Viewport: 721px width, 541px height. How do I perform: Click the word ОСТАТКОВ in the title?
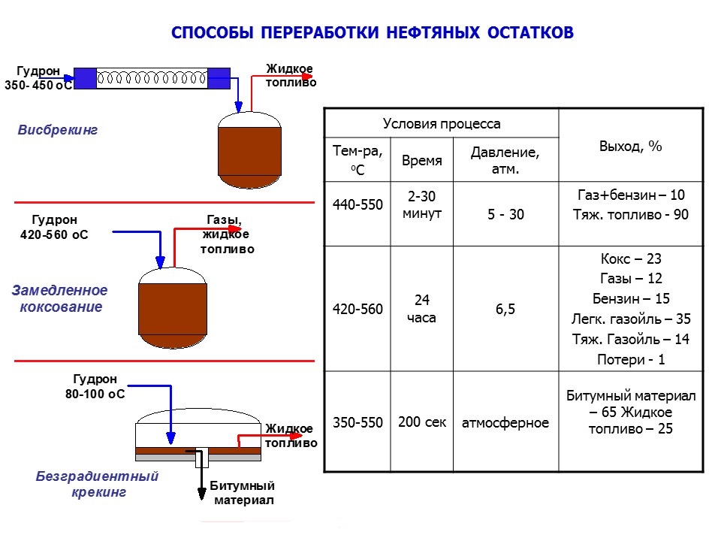pyautogui.click(x=530, y=32)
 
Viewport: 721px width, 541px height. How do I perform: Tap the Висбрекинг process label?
pyautogui.click(x=58, y=130)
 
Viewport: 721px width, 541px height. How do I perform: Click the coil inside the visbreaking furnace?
pyautogui.click(x=152, y=77)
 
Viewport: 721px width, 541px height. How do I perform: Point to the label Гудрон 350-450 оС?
pyautogui.click(x=38, y=77)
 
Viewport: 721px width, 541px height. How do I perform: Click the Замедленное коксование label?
pyautogui.click(x=60, y=298)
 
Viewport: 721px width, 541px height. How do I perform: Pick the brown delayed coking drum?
pyautogui.click(x=173, y=308)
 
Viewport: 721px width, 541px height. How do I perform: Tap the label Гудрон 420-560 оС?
pyautogui.click(x=54, y=227)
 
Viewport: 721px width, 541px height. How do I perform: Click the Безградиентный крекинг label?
pyautogui.click(x=98, y=483)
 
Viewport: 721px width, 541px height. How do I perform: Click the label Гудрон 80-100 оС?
pyautogui.click(x=95, y=386)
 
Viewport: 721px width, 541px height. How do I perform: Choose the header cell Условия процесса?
pyautogui.click(x=442, y=123)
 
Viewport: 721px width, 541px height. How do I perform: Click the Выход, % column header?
pyautogui.click(x=630, y=147)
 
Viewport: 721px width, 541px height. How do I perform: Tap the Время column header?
pyautogui.click(x=421, y=160)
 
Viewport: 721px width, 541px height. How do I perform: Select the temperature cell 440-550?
pyautogui.click(x=357, y=204)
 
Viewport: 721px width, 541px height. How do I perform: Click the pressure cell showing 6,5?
pyautogui.click(x=505, y=309)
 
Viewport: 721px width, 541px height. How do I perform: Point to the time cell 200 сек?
pyautogui.click(x=421, y=422)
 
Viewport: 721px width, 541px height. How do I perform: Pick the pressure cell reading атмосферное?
pyautogui.click(x=505, y=422)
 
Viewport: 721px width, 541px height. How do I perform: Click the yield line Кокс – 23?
pyautogui.click(x=631, y=258)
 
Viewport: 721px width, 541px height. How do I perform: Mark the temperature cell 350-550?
pyautogui.click(x=357, y=422)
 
